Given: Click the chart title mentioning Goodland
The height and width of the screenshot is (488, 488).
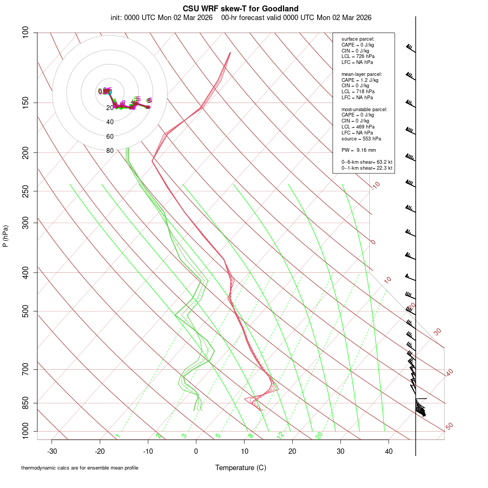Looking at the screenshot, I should click(x=240, y=8).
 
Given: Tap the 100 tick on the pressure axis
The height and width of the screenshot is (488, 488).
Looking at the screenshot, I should click(x=25, y=33).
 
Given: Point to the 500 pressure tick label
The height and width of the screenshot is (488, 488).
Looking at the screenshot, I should click(x=25, y=311).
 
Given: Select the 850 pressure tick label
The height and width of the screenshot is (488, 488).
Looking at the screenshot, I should click(x=25, y=403).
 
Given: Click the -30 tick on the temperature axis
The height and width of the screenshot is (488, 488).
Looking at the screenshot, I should click(x=52, y=451).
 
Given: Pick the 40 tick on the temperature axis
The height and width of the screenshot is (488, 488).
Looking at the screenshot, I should click(x=389, y=451).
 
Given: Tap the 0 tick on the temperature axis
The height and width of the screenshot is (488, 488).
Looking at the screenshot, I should click(x=196, y=451).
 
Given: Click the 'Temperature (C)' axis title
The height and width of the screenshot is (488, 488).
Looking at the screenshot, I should click(x=240, y=467).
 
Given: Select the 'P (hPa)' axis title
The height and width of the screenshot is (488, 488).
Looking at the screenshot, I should click(x=6, y=236).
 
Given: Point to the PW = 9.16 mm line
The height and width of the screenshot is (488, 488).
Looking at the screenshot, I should click(x=358, y=150).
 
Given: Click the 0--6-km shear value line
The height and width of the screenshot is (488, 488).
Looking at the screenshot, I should click(x=367, y=162).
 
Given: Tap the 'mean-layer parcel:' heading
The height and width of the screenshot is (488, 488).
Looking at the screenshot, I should click(x=362, y=74).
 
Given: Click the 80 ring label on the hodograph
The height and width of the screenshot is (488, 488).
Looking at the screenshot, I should click(x=110, y=151).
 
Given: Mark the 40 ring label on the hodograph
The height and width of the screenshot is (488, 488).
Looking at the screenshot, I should click(x=110, y=122).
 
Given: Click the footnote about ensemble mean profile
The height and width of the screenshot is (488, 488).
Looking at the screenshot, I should click(x=80, y=468).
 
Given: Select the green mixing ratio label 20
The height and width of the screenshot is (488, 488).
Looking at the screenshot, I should click(x=319, y=435).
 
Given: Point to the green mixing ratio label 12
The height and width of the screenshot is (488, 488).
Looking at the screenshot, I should click(x=280, y=435).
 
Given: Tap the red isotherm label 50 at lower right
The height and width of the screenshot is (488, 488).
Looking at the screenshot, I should click(x=449, y=427).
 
